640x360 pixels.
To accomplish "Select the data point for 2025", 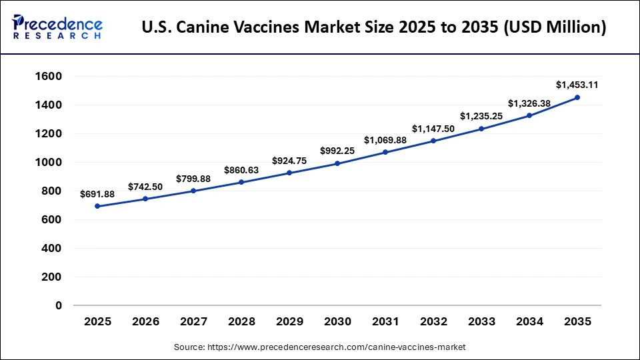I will pos(98,206).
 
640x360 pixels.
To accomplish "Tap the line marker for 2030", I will pos(337,163).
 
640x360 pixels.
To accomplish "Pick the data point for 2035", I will pos(577,97).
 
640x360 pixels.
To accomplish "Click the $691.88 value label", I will pos(98,194).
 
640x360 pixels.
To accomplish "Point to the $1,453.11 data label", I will pos(577,85).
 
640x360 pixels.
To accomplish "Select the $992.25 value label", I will pos(337,151).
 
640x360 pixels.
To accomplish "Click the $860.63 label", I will pos(241,170).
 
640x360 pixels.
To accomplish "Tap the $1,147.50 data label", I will pos(433,128).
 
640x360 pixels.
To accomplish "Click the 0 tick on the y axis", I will pos(59,305).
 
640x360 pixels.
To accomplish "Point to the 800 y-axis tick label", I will pos(51,191).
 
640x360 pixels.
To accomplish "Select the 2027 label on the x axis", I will pos(193,322).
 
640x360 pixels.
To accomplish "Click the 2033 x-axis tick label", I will pos(481,322).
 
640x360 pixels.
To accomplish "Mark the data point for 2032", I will pos(433,141).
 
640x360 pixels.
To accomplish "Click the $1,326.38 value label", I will pos(529,103).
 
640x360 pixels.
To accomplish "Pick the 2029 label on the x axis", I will pos(289,322).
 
